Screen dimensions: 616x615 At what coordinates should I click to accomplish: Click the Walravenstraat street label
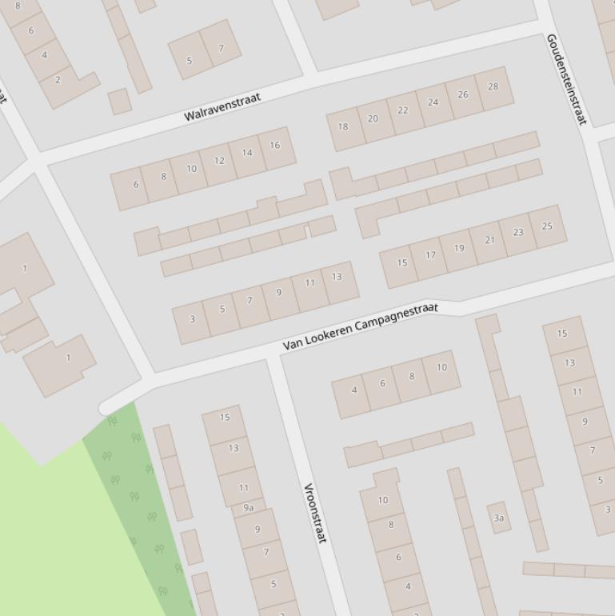[222, 107]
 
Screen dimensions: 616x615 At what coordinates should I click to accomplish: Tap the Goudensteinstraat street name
[566, 78]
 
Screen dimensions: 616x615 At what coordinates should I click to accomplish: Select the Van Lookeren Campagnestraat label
[361, 326]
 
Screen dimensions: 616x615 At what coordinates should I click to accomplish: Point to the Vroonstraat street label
[315, 513]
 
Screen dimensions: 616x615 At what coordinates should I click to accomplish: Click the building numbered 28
[493, 87]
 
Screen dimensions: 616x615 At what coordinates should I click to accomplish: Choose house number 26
[463, 95]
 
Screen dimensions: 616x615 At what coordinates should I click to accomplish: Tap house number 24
[433, 102]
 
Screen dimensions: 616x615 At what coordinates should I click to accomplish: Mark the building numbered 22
[403, 110]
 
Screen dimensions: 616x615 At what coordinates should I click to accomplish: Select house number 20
[373, 118]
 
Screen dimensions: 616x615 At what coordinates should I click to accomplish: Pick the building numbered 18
[344, 126]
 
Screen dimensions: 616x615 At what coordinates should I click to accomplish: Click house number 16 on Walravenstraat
[275, 146]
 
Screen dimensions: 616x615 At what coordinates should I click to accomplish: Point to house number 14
[247, 153]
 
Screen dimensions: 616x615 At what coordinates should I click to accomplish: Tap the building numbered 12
[219, 161]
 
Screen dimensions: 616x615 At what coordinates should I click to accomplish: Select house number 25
[547, 226]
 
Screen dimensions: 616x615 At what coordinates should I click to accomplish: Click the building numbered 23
[518, 233]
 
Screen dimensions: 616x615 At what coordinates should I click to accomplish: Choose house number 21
[489, 240]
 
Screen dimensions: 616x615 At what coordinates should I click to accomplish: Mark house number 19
[459, 248]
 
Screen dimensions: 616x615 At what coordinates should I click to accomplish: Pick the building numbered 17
[430, 255]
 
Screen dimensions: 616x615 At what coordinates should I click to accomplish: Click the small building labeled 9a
[249, 508]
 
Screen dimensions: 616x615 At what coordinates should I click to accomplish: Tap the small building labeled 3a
[499, 518]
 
